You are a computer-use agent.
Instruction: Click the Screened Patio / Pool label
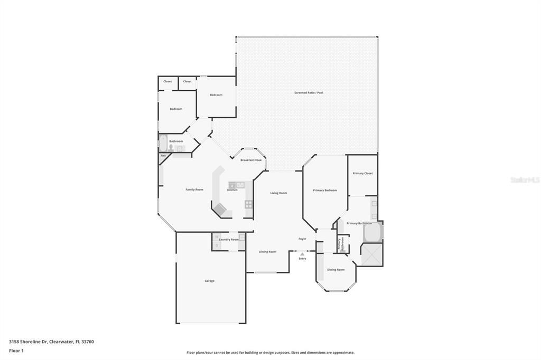pyautogui.click(x=309, y=93)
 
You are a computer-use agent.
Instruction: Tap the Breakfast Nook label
pyautogui.click(x=251, y=160)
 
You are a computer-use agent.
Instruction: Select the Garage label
pyautogui.click(x=209, y=281)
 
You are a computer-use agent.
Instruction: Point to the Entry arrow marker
pyautogui.click(x=302, y=254)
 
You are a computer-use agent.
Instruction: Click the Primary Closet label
pyautogui.click(x=362, y=173)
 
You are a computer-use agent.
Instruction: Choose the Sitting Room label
pyautogui.click(x=335, y=270)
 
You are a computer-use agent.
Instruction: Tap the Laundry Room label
pyautogui.click(x=229, y=240)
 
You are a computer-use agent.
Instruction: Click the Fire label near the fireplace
pyautogui.click(x=163, y=156)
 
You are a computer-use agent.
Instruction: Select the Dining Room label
pyautogui.click(x=267, y=252)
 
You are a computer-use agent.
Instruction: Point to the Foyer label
pyautogui.click(x=302, y=239)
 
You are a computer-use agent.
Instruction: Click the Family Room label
pyautogui.click(x=194, y=190)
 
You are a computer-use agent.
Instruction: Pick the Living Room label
pyautogui.click(x=278, y=193)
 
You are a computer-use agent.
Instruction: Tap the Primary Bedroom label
pyautogui.click(x=324, y=190)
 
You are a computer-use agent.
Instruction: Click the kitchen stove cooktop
pyautogui.click(x=248, y=204)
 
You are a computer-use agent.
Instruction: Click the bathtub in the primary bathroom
pyautogui.click(x=372, y=232)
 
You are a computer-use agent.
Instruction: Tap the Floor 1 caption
pyautogui.click(x=16, y=350)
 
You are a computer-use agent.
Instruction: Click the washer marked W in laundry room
pyautogui.click(x=217, y=237)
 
